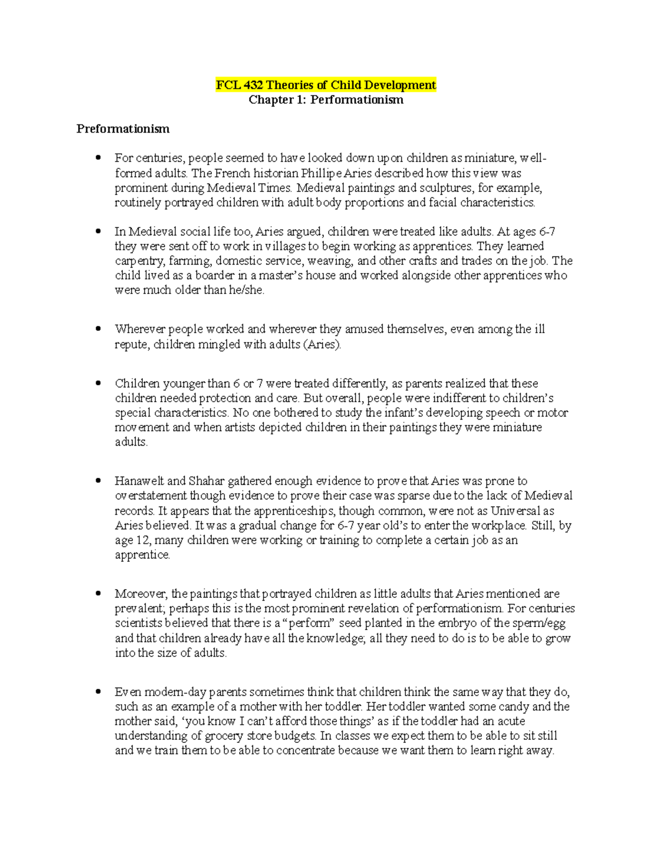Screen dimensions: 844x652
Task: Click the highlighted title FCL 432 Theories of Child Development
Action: (x=326, y=85)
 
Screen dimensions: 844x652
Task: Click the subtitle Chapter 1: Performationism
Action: (x=326, y=100)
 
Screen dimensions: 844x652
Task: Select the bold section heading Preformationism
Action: (x=123, y=129)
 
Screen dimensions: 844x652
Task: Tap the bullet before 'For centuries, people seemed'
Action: (x=98, y=158)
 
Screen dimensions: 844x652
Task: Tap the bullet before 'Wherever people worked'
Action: (x=98, y=329)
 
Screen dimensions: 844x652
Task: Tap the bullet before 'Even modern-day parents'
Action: (x=98, y=692)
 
